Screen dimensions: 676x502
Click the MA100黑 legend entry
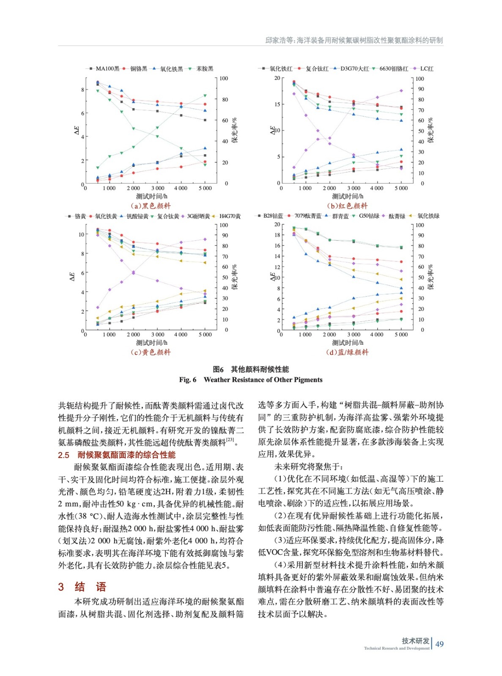click(x=107, y=68)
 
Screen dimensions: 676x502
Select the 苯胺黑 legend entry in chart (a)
click(x=205, y=68)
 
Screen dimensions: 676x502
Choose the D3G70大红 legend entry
click(x=354, y=68)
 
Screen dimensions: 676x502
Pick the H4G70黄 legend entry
click(x=230, y=216)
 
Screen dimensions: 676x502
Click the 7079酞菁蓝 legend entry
click(x=307, y=216)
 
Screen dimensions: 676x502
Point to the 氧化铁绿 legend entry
click(x=428, y=216)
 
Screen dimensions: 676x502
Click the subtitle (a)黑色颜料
click(x=151, y=206)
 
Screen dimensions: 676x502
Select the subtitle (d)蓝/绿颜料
click(x=347, y=352)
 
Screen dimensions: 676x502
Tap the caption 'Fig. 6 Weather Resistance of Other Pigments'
click(x=251, y=379)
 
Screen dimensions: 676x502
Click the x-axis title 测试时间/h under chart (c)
click(x=151, y=343)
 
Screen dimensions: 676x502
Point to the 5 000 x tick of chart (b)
click(x=401, y=188)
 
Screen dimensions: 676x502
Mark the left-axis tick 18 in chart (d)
click(x=277, y=235)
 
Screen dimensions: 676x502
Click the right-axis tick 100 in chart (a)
click(x=223, y=79)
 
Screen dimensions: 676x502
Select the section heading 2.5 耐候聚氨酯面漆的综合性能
click(x=117, y=455)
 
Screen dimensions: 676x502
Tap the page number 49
click(x=439, y=644)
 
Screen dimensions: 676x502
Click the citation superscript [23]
click(x=230, y=439)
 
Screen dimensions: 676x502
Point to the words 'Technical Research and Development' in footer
click(x=397, y=648)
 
